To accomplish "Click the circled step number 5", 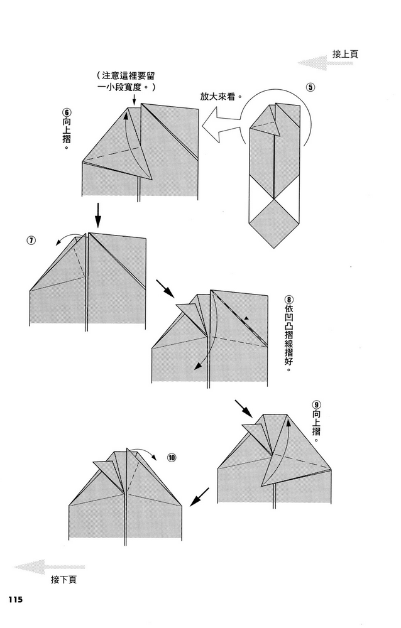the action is coord(310,87).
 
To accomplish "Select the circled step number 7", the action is coord(31,241).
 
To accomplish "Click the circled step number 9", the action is coord(316,405).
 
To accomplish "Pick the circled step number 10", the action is coord(172,457).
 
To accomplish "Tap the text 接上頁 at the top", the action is coord(345,54).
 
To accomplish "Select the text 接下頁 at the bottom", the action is coord(63,579).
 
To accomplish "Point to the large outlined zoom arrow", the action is coord(221,126).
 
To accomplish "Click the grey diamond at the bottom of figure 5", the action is coord(274,224).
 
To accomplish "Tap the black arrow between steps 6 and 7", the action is coord(98,215).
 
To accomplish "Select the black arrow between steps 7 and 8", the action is coord(165,289).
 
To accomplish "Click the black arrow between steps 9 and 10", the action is coord(199,497).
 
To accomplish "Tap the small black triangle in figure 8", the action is coord(246,318).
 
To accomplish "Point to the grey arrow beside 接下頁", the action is coord(49,567).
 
